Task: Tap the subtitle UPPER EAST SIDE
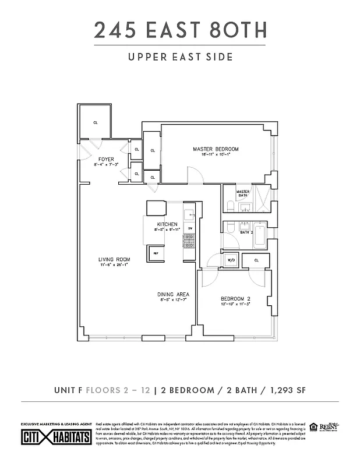point(180,57)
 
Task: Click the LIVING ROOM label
point(114,259)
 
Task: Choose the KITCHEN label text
point(167,224)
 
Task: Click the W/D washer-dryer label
point(230,260)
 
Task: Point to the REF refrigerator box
point(156,254)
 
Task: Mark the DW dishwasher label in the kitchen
point(189,228)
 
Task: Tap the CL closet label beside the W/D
point(255,260)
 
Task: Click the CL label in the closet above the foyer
point(96,123)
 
